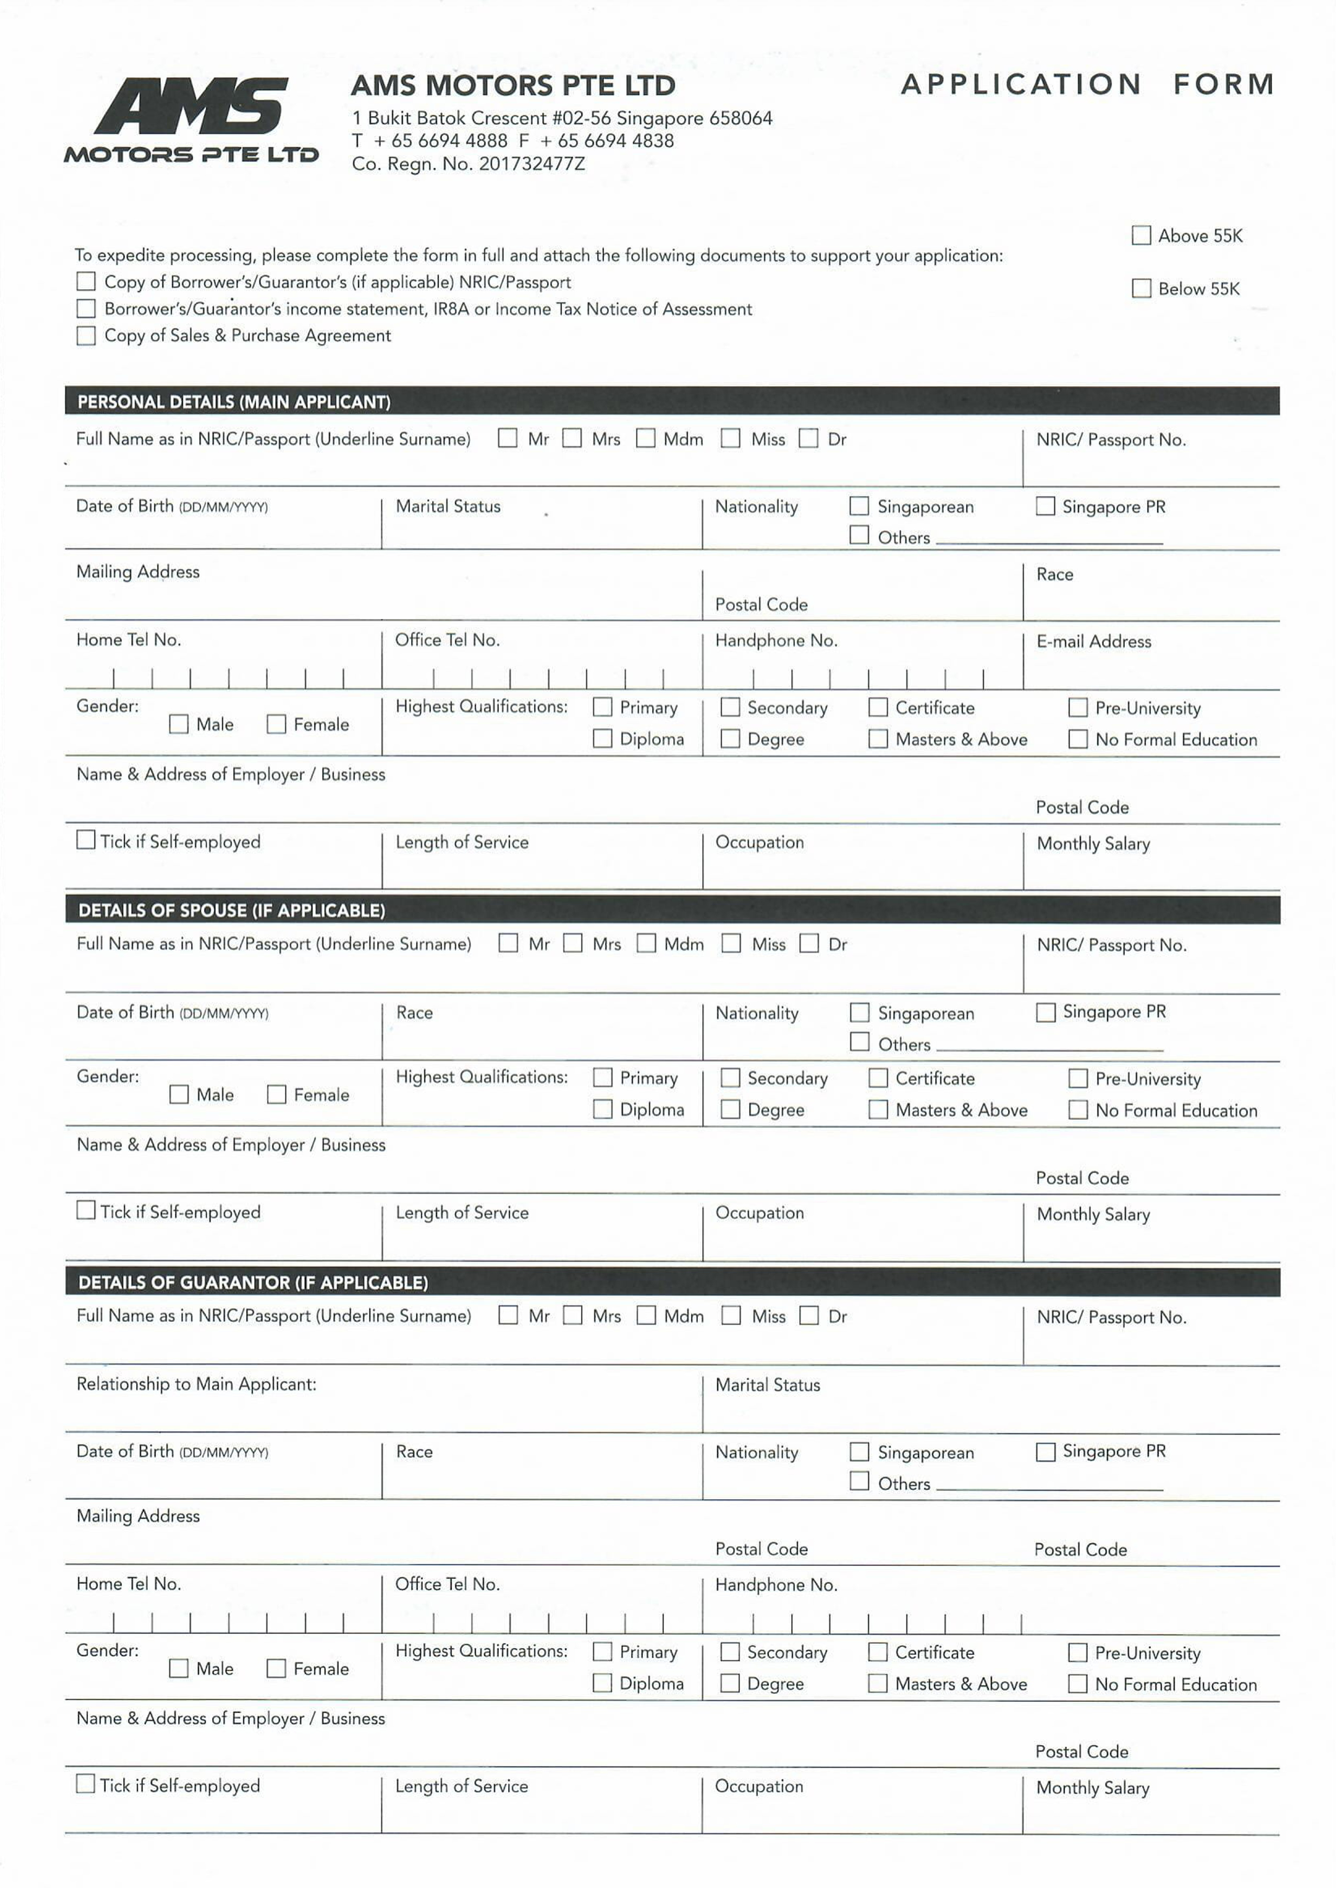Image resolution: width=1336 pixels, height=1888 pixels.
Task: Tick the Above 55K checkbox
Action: pyautogui.click(x=1141, y=236)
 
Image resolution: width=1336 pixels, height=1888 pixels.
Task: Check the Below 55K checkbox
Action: pyautogui.click(x=1141, y=289)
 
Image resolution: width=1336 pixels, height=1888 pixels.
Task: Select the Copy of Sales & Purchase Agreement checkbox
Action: pyautogui.click(x=85, y=336)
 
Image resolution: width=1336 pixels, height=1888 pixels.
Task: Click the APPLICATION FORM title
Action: pyautogui.click(x=1088, y=84)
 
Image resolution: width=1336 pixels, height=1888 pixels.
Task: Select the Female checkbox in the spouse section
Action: pyautogui.click(x=277, y=1095)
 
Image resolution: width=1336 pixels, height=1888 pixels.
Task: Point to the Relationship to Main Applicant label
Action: pyautogui.click(x=196, y=1384)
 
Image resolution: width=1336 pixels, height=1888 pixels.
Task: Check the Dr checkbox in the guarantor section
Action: pyautogui.click(x=809, y=1316)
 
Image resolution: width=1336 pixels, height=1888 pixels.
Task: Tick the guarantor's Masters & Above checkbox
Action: pyautogui.click(x=878, y=1683)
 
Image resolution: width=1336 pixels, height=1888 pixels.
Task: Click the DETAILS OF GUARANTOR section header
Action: pyautogui.click(x=253, y=1282)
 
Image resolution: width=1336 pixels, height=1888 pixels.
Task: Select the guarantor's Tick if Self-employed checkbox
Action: pyautogui.click(x=85, y=1784)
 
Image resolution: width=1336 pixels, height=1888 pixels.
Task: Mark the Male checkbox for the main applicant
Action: pyautogui.click(x=179, y=724)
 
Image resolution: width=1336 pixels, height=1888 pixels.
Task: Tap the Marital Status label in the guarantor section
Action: pyautogui.click(x=768, y=1385)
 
